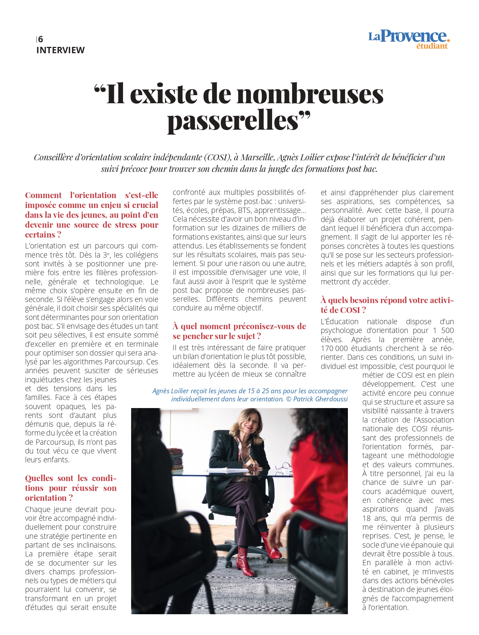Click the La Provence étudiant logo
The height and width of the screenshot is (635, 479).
pos(409,39)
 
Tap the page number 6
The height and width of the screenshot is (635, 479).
pos(41,39)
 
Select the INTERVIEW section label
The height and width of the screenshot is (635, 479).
pos(60,50)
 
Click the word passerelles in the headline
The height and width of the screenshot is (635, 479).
pos(233,121)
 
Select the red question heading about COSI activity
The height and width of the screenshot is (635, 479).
pos(387,305)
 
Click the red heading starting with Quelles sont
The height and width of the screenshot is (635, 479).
pos(70,488)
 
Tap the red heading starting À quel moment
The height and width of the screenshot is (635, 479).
pos(239,331)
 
